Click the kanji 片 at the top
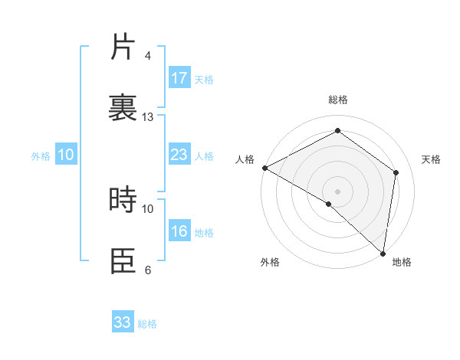[x=123, y=47]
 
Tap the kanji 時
[x=123, y=200]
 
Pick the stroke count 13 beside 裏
[x=148, y=116]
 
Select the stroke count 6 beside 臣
[x=148, y=270]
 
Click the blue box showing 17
[x=179, y=78]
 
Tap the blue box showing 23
[x=179, y=155]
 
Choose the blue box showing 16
[x=179, y=231]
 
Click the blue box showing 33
[x=123, y=322]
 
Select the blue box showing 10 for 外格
[x=66, y=155]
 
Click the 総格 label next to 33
[x=147, y=324]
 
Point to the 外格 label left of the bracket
[x=41, y=156]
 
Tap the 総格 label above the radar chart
[x=337, y=100]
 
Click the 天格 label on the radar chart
[x=431, y=159]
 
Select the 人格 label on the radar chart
[x=245, y=159]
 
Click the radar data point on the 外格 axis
[x=329, y=204]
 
